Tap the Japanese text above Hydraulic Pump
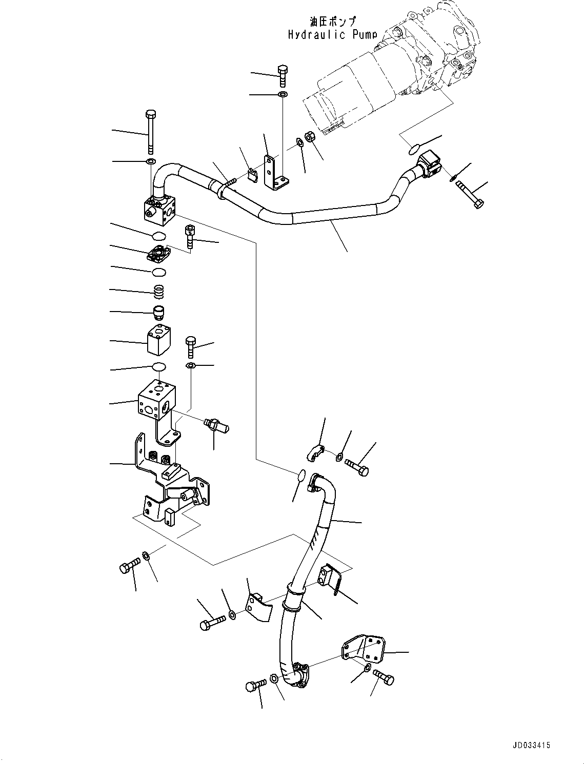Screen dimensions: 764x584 (x=332, y=22)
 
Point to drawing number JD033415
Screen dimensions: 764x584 (x=530, y=745)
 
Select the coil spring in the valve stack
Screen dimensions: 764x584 (x=159, y=292)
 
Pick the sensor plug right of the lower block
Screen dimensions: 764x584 (x=216, y=425)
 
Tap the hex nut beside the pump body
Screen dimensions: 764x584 (x=310, y=137)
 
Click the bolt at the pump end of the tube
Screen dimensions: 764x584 (x=469, y=195)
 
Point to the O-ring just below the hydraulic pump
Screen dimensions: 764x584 (x=414, y=150)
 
